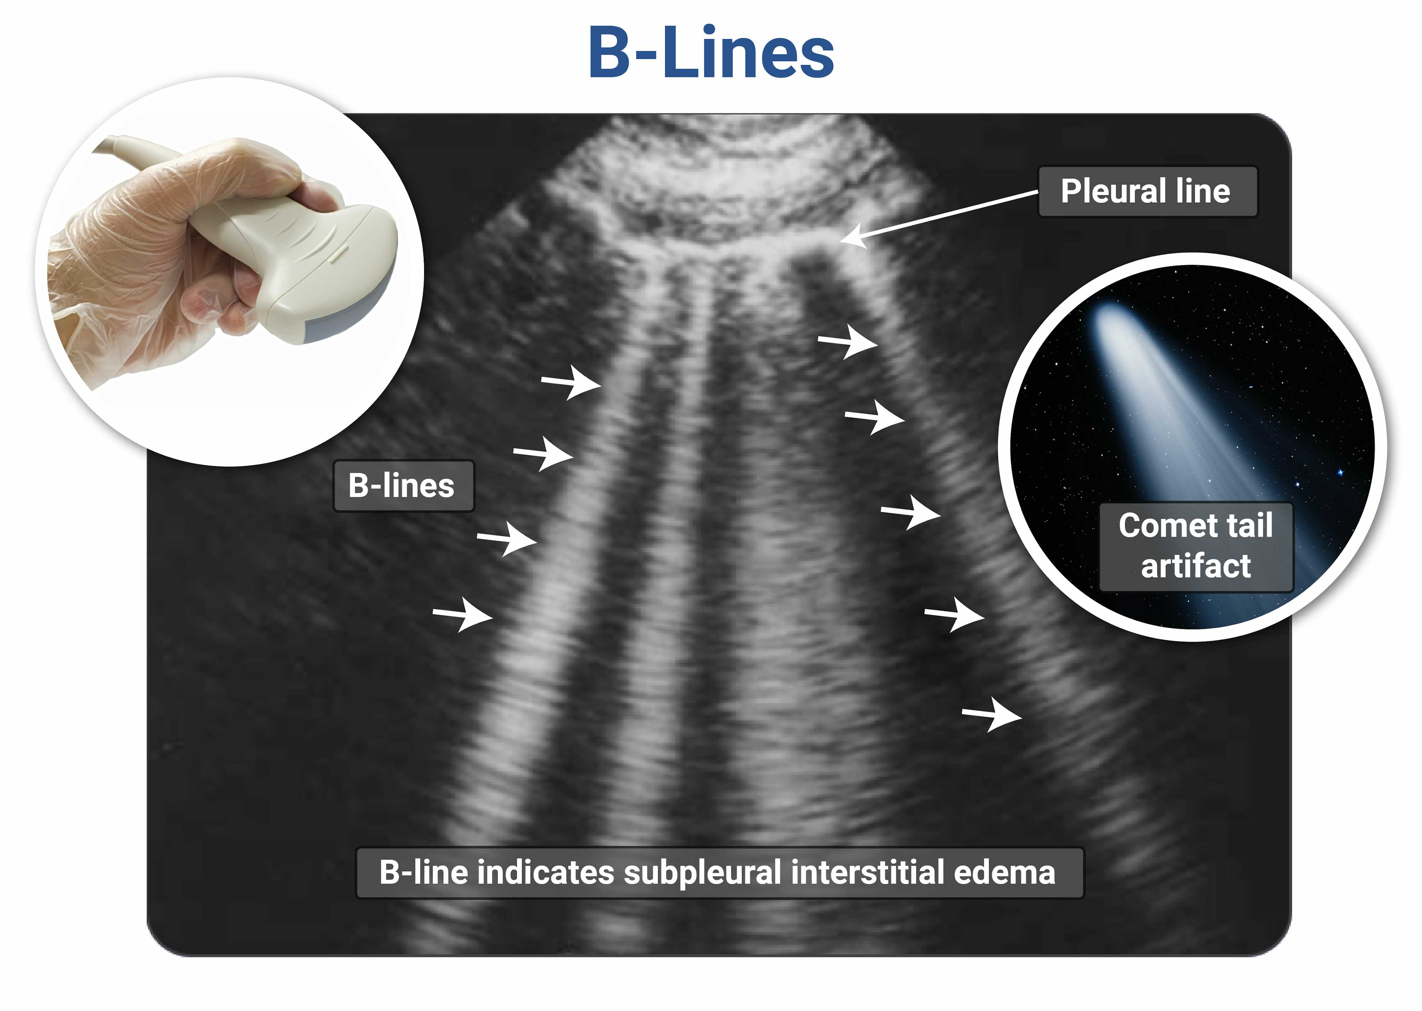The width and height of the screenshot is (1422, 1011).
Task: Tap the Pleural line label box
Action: pos(1148,191)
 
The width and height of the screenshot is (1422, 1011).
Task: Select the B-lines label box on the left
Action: pos(403,486)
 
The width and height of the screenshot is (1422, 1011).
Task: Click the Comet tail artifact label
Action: pos(1196,546)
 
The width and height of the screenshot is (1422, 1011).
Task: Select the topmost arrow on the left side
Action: pos(571,382)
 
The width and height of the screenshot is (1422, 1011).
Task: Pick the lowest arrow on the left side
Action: pos(463,614)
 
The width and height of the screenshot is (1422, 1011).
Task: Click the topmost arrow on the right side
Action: pos(848,341)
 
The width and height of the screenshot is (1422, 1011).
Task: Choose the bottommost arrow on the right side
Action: pos(992,715)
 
